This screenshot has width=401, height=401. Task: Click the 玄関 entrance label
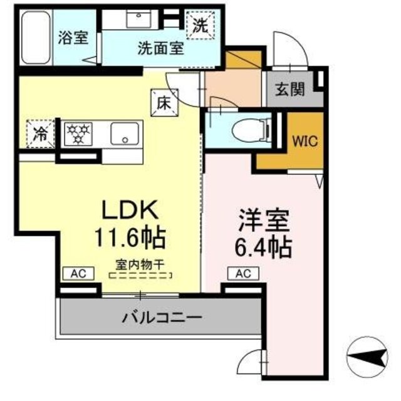coord(291,89)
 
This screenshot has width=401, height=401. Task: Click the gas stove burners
coord(80,133)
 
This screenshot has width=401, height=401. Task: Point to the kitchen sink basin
coord(127,133)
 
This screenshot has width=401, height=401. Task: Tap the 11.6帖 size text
coord(130,237)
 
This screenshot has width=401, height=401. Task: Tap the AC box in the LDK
coord(78,273)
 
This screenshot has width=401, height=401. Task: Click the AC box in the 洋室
coord(243,273)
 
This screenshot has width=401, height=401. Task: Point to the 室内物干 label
coord(139,265)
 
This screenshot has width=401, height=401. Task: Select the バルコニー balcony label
coord(160,318)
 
